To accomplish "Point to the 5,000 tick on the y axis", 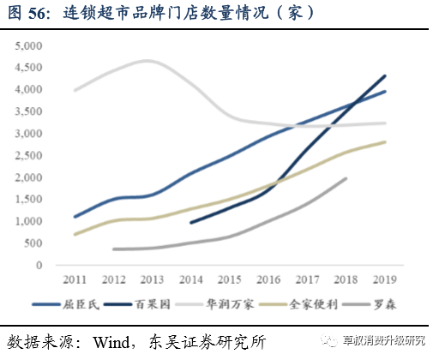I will (x=28, y=45).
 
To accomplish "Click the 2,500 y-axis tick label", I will (x=28, y=155).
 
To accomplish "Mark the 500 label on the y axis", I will (x=34, y=243).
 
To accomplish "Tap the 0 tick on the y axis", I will (x=40, y=266).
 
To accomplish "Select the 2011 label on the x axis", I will (x=75, y=279).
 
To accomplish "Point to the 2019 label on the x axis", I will (x=385, y=279).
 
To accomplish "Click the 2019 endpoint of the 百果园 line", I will (x=385, y=75).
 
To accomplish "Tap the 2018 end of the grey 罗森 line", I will (x=346, y=178).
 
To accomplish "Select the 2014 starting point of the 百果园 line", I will (x=190, y=222).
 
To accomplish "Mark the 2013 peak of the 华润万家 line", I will (x=149, y=61).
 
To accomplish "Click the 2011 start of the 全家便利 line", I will (x=75, y=234).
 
